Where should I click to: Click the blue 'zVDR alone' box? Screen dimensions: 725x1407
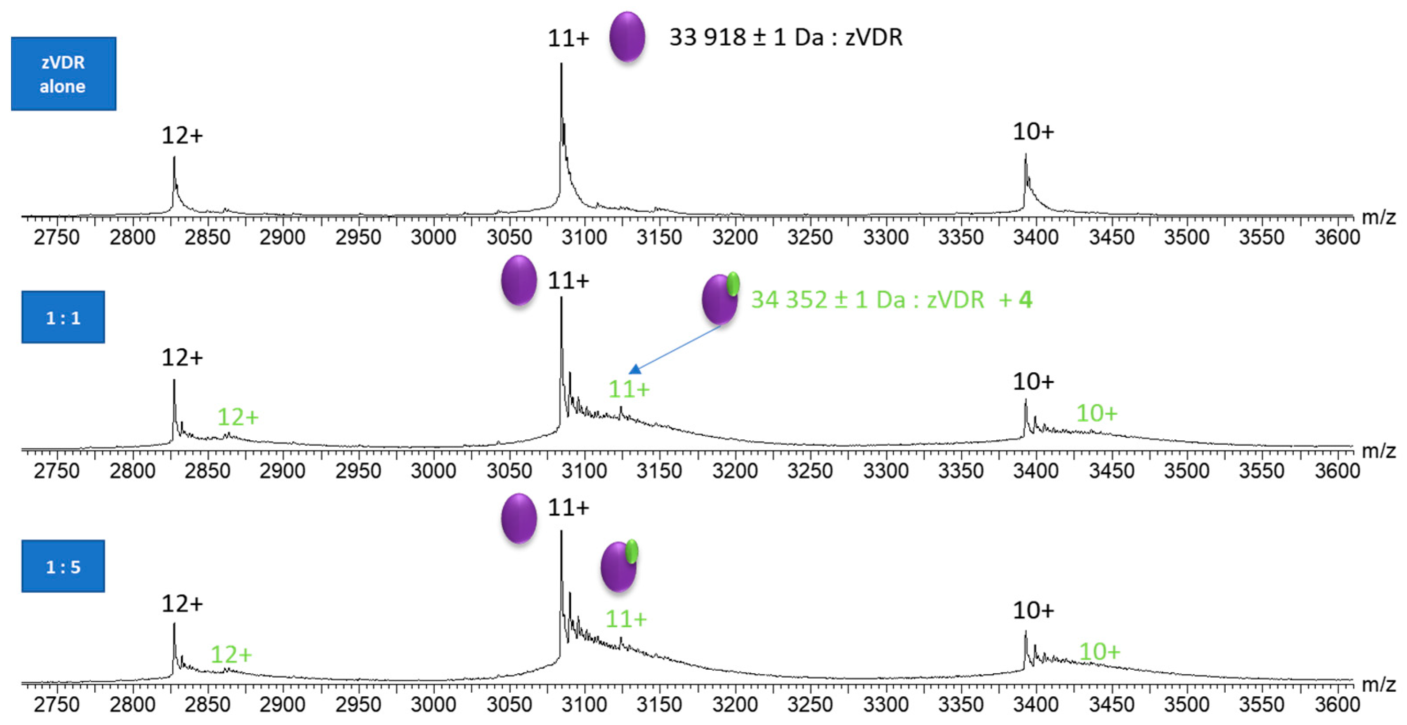coord(63,74)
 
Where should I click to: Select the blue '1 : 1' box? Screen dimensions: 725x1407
coord(63,317)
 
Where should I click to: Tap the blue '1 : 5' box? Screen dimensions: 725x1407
coord(63,566)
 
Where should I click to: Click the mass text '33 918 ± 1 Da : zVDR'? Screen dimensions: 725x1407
coord(785,37)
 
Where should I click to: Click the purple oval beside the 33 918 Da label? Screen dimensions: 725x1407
coord(627,37)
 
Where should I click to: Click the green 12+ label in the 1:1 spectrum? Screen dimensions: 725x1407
coord(237,417)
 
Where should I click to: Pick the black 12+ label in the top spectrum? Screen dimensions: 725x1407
coord(182,135)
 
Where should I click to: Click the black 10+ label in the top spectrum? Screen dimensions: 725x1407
coord(1033,132)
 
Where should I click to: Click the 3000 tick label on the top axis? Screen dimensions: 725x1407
coord(433,237)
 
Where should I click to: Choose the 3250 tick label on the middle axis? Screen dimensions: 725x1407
coord(810,471)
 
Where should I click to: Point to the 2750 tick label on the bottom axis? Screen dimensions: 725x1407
coord(56,704)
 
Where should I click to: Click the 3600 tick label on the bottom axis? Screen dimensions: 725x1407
coord(1337,704)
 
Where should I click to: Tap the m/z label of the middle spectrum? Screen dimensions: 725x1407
coord(1378,451)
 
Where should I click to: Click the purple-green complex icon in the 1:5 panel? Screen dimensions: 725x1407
coord(619,566)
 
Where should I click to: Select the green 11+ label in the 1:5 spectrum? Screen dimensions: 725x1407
coord(626,619)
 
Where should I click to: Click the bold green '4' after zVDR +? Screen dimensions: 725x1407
coord(1025,300)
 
